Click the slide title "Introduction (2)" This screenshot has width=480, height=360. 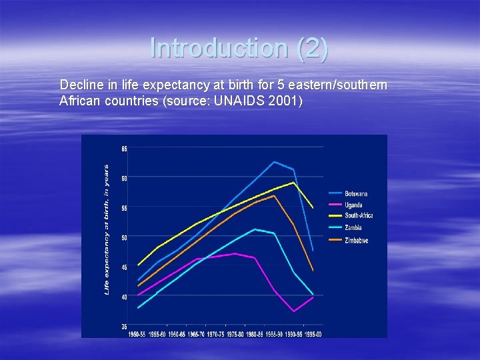(x=239, y=48)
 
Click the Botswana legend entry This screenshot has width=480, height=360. (x=356, y=194)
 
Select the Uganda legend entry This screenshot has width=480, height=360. (x=353, y=205)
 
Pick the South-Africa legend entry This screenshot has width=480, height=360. (x=358, y=216)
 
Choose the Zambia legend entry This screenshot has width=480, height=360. (x=353, y=228)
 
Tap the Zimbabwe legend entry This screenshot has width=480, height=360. (x=356, y=240)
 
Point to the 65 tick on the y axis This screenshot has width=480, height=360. (x=125, y=148)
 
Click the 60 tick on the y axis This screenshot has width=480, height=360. (x=125, y=178)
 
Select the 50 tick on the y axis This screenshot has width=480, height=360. (x=125, y=237)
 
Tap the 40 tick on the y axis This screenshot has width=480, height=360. (x=125, y=297)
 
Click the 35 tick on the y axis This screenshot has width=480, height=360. (x=125, y=326)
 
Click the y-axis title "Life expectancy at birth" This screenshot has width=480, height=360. (x=107, y=230)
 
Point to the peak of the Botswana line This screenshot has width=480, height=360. (x=274, y=162)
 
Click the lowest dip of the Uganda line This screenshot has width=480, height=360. (x=294, y=311)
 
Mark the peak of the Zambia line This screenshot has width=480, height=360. (x=255, y=229)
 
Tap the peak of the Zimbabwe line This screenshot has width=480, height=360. (x=274, y=196)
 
